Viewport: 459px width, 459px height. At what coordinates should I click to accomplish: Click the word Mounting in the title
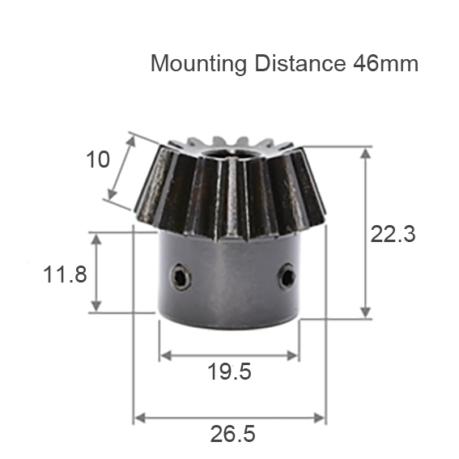click(198, 64)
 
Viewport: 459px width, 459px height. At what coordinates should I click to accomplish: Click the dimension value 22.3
click(393, 234)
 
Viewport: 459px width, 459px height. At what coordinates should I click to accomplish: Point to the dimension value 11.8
click(65, 274)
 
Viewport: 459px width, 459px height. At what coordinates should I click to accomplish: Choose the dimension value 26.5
click(232, 434)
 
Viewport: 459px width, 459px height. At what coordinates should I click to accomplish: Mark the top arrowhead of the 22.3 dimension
click(366, 152)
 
